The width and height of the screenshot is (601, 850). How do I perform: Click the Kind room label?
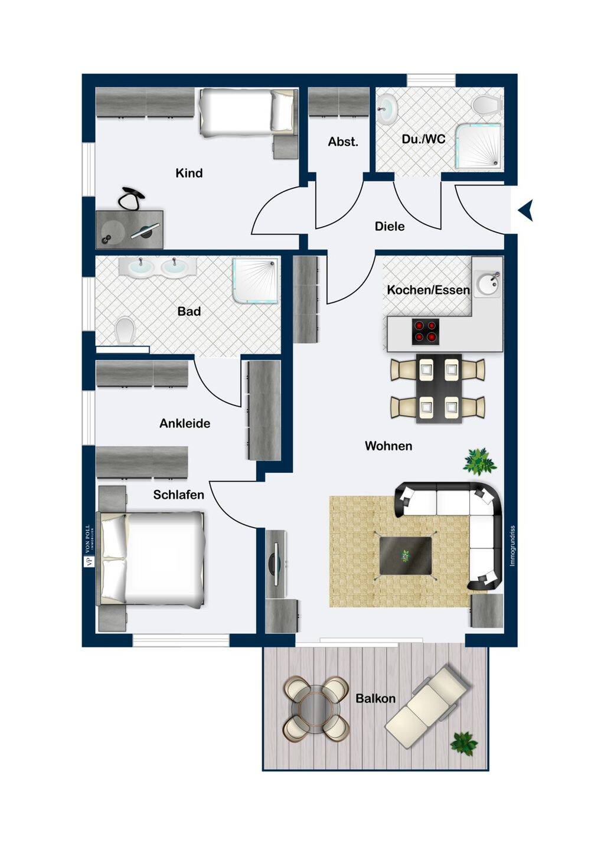(x=189, y=174)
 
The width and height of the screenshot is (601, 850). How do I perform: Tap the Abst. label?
(x=343, y=142)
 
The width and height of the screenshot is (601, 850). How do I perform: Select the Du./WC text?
(x=423, y=139)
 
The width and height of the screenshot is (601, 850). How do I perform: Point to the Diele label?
(x=390, y=227)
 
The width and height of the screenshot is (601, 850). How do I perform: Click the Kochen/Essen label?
(x=429, y=290)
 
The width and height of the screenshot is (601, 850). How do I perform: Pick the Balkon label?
(x=375, y=698)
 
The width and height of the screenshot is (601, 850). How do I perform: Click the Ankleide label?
(x=185, y=423)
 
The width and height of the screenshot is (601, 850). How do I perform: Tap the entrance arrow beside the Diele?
(x=525, y=210)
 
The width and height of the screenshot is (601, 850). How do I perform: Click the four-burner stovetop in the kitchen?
(x=426, y=332)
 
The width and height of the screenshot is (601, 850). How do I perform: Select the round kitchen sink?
(x=487, y=283)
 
